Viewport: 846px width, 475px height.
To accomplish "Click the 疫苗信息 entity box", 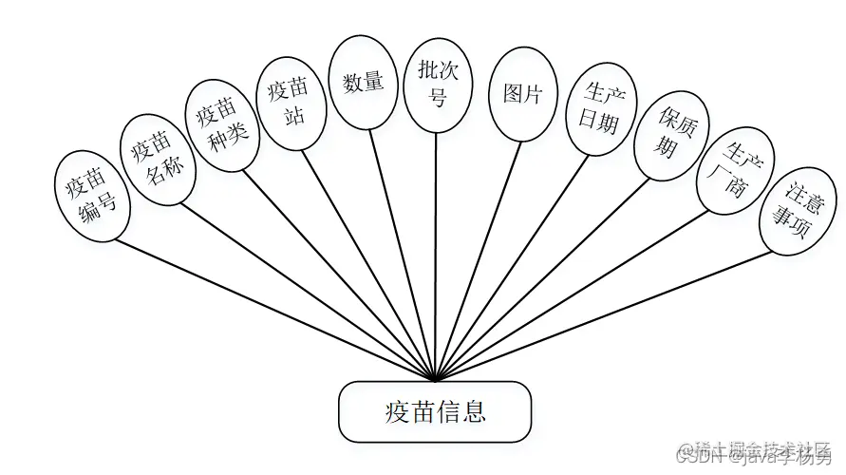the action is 435,411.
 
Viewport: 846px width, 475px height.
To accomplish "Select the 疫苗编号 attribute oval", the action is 91,194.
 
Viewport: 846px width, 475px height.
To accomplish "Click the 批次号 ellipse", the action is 437,83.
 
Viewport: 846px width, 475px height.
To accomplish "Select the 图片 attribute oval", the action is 521,94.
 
